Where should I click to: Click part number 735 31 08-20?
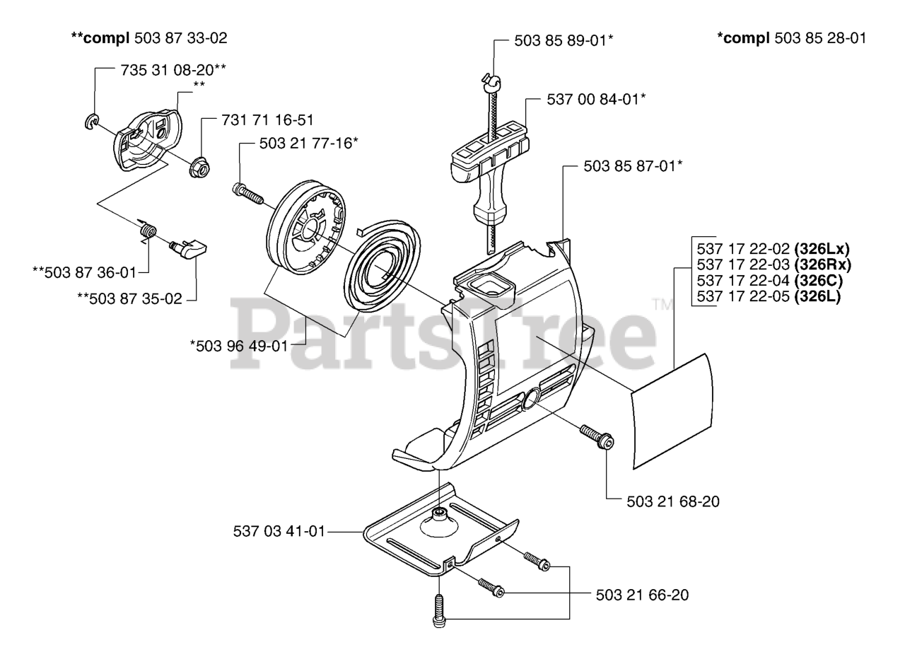click(168, 70)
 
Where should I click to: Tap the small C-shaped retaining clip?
click(92, 122)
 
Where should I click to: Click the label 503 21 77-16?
click(305, 144)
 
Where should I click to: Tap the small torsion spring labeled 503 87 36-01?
click(148, 231)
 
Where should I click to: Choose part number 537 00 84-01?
click(593, 99)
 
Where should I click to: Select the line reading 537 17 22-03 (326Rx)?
click(773, 264)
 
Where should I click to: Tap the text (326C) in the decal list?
click(819, 281)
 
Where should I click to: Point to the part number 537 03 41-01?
click(279, 531)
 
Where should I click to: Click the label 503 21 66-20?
click(642, 595)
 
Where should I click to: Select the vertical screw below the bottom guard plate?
click(439, 610)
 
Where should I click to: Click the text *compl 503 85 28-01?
click(792, 38)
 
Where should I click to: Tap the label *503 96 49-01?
click(239, 346)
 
